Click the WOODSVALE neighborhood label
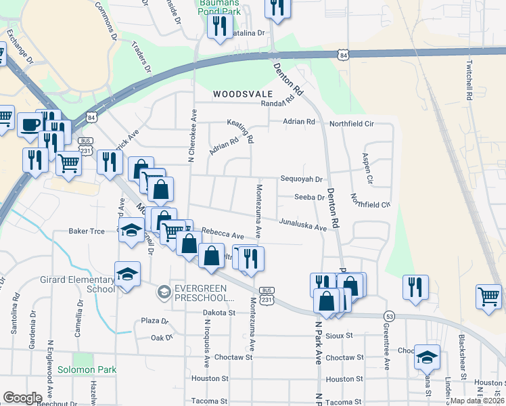pos(243,94)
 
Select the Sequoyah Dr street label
pos(302,179)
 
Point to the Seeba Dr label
pos(310,197)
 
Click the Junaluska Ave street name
pos(303,225)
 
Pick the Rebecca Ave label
pos(223,234)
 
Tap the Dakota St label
pos(218,313)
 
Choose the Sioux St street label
pos(340,335)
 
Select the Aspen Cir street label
pos(368,169)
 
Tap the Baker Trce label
pos(87,231)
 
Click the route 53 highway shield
pos(389,316)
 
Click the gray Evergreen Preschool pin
pos(164,292)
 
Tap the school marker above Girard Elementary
pos(127,275)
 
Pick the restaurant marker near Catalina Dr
pos(218,27)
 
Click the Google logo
pos(22,398)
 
